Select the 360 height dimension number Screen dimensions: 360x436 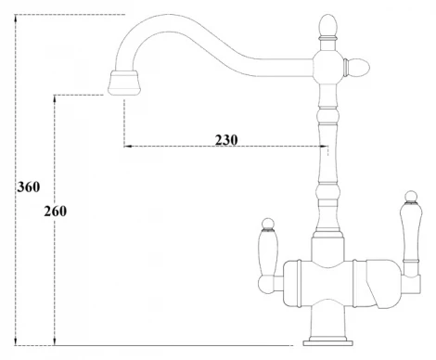[x=28, y=186]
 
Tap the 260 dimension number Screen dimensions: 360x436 [x=55, y=211]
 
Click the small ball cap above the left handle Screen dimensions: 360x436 [x=265, y=224]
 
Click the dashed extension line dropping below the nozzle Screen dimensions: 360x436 [x=122, y=121]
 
